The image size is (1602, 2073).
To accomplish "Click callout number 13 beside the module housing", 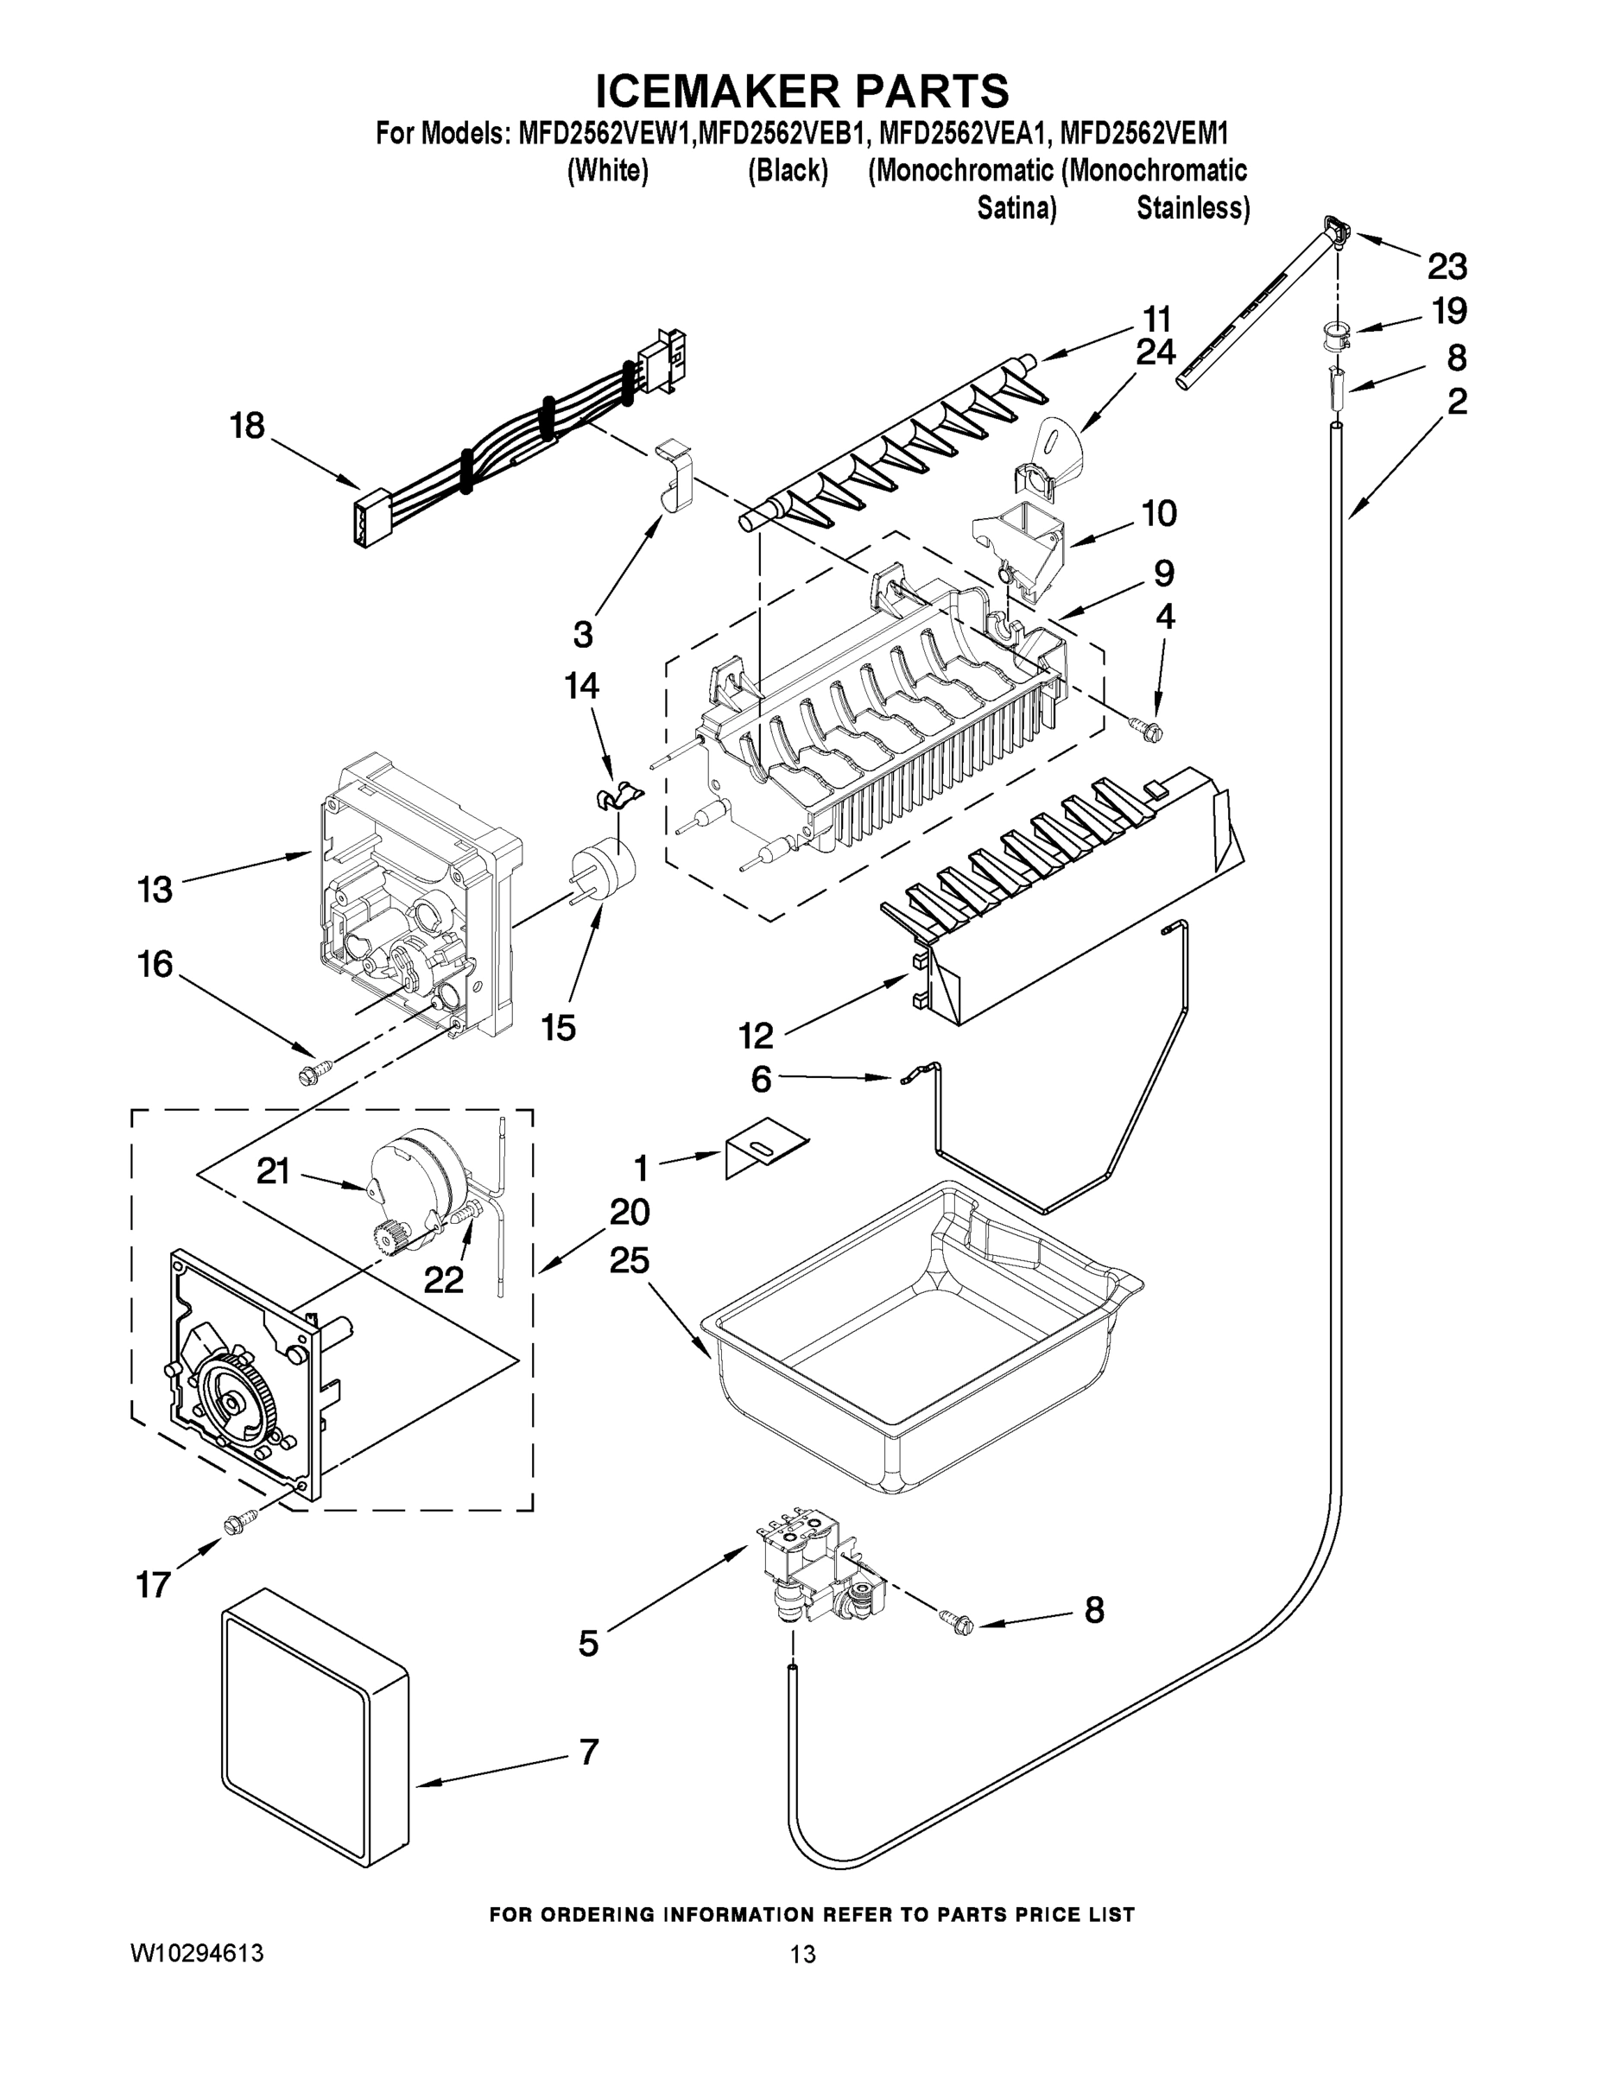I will (155, 891).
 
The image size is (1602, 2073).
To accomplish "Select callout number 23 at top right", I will (1447, 268).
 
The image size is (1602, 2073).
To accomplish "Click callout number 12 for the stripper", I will (757, 1036).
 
